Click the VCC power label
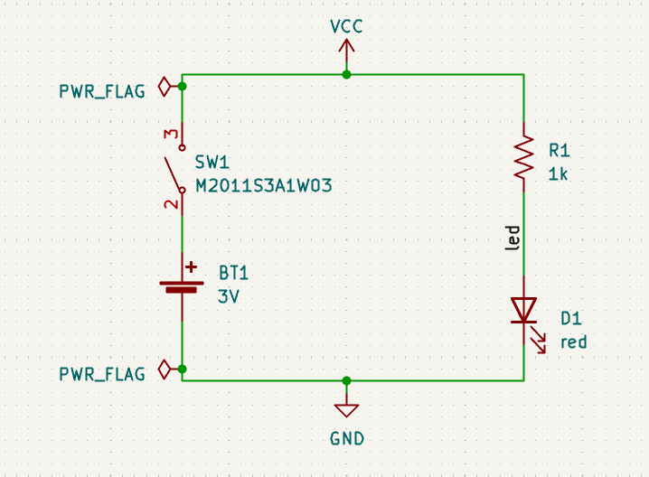[346, 26]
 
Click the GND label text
[346, 439]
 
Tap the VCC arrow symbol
[346, 55]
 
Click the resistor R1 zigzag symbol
[524, 156]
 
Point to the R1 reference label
[560, 150]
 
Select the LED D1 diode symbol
[524, 310]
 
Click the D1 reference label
[570, 318]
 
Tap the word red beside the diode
[573, 341]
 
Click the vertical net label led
[513, 238]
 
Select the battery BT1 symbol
[182, 286]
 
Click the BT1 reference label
[232, 272]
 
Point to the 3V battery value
[229, 295]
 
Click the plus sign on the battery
[191, 267]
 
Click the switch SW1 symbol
[175, 172]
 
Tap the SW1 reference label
[212, 164]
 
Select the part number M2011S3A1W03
[264, 187]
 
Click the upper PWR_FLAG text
[101, 91]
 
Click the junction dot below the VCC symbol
[346, 74]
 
